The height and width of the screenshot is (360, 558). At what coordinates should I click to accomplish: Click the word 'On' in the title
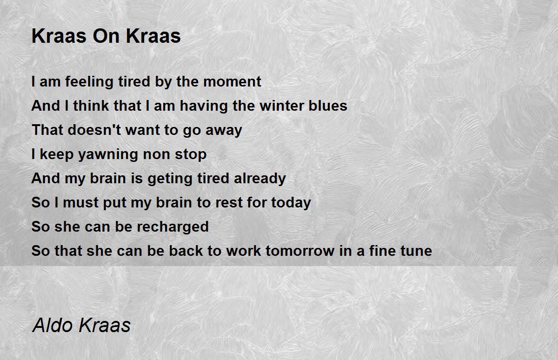tap(106, 36)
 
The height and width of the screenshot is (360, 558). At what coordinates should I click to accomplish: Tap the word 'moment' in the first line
tap(232, 82)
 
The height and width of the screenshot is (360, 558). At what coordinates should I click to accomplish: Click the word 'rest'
tap(229, 202)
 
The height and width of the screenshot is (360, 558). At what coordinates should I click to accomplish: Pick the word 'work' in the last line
tap(244, 251)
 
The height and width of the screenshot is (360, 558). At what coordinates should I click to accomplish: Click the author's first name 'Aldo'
tap(53, 325)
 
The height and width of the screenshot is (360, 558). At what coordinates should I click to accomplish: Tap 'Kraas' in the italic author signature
tap(104, 325)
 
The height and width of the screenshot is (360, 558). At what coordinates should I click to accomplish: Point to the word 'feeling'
tap(89, 82)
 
